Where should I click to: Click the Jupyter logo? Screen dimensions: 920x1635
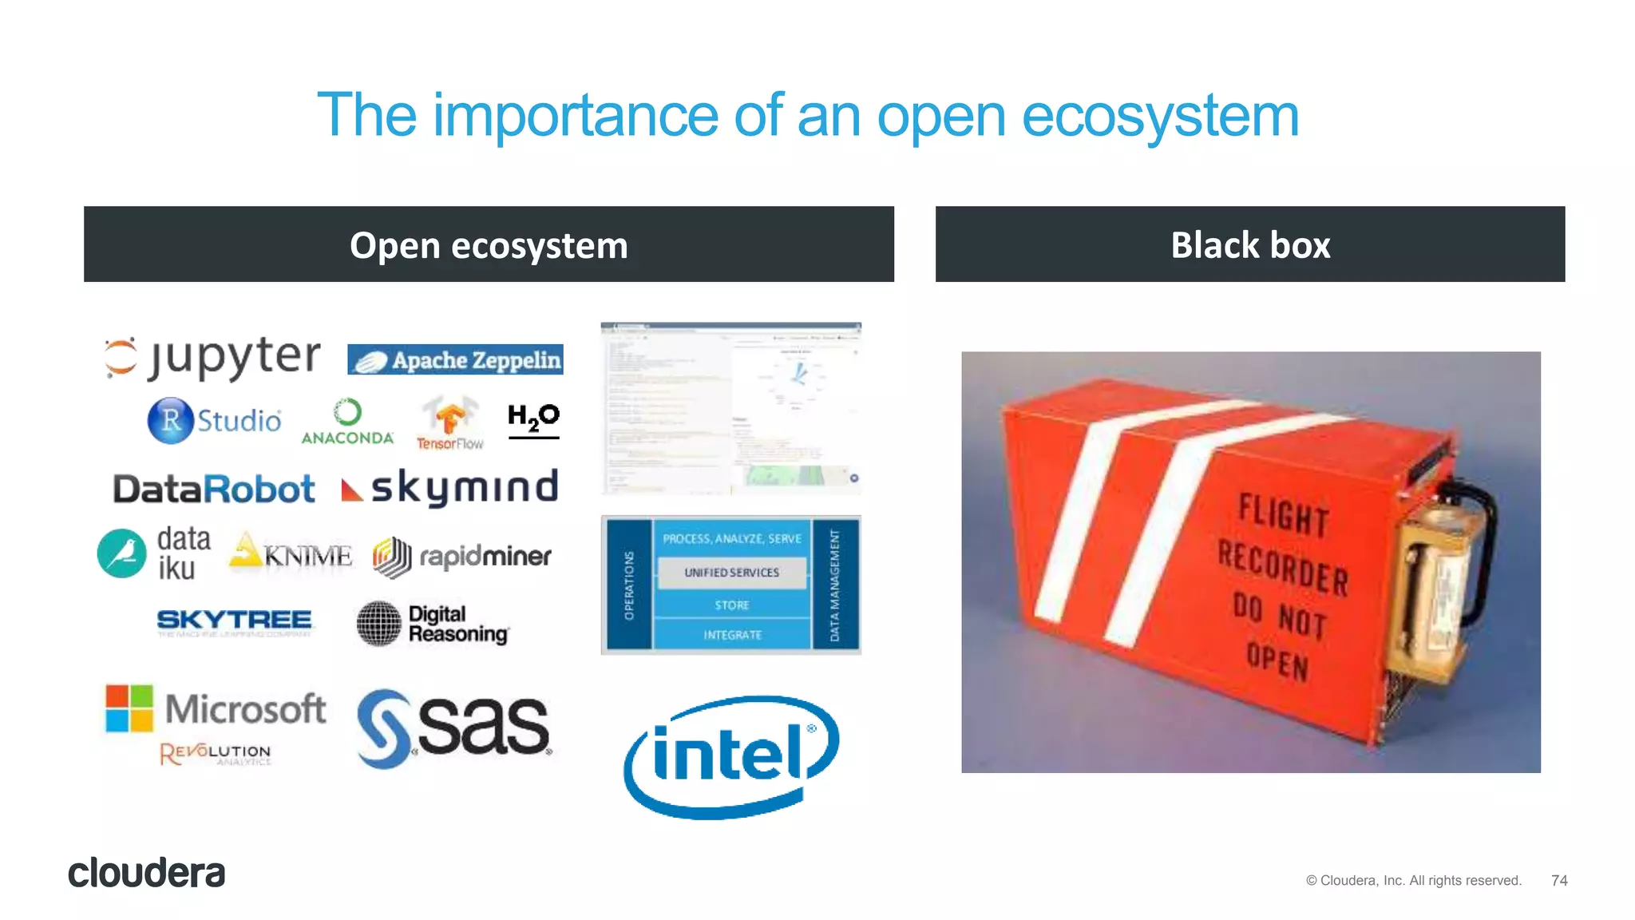(213, 357)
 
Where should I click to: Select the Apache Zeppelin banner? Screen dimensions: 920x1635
(455, 359)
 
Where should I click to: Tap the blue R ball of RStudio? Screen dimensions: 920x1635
(170, 420)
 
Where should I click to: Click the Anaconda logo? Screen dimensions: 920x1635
(347, 422)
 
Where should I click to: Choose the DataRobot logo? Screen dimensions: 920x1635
(214, 489)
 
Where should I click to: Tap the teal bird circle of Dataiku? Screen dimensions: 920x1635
(122, 553)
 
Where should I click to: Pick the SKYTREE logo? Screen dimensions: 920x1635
(234, 621)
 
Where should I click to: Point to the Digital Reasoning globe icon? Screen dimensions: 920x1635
(378, 623)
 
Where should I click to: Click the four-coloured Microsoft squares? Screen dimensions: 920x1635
(129, 708)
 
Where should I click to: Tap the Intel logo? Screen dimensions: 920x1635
(730, 755)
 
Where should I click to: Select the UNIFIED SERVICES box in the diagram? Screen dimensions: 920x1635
(731, 573)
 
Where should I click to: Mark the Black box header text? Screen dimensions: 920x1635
(1250, 245)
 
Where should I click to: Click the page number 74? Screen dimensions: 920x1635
(1559, 880)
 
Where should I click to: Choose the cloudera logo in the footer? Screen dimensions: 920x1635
(147, 873)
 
